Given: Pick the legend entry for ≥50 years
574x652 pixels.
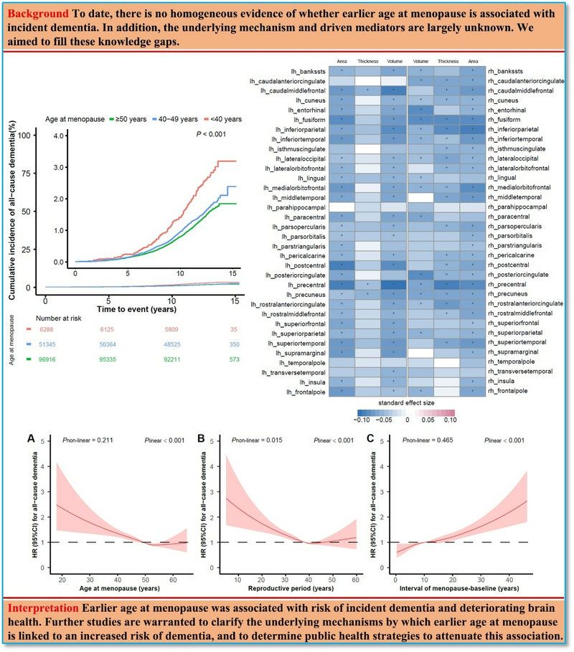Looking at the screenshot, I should click(x=126, y=118).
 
